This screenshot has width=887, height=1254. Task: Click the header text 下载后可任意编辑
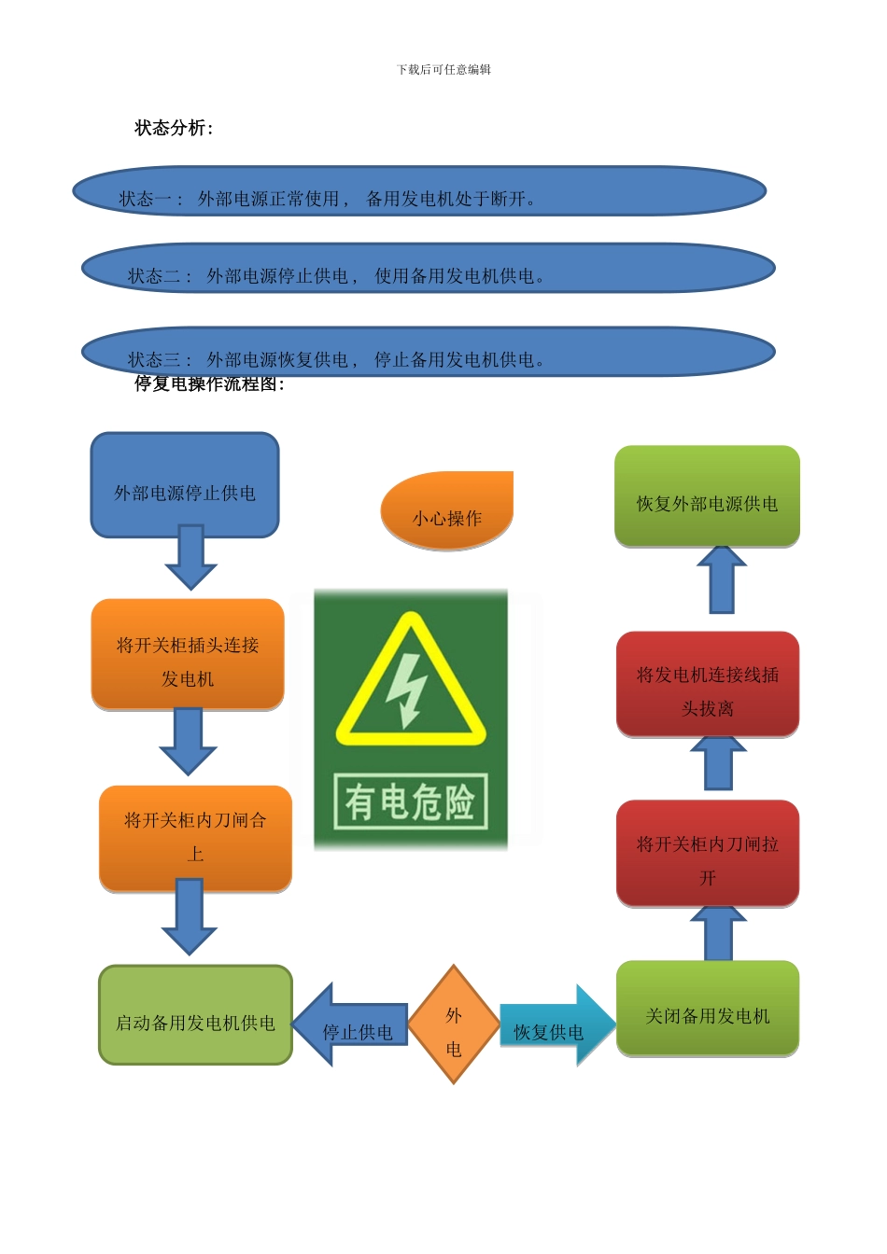tap(443, 70)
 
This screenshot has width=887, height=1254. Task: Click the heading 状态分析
tap(174, 128)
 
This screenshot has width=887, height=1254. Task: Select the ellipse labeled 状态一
tap(419, 191)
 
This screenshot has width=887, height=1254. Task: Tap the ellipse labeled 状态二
tap(428, 269)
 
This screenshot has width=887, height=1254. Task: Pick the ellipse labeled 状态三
tap(428, 351)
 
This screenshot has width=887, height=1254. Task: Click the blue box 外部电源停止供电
tap(185, 485)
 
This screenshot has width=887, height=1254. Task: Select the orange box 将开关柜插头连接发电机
tap(188, 654)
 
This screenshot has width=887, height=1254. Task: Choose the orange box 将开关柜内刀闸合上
tap(195, 838)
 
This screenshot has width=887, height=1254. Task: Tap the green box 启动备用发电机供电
tap(195, 1015)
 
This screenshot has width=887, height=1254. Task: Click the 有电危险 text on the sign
tap(411, 801)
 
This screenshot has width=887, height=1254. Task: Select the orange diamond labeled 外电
tap(454, 1024)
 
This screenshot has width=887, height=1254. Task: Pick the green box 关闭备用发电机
tap(708, 1010)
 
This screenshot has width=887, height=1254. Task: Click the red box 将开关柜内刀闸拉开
tap(708, 853)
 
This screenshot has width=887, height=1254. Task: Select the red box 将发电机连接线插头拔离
tap(708, 684)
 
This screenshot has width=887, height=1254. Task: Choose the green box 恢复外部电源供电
tap(707, 495)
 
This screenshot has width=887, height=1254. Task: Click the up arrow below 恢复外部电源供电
tap(722, 579)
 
